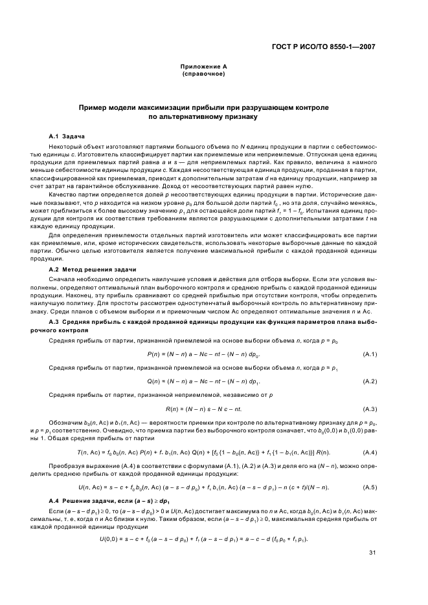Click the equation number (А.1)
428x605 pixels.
tap(370, 354)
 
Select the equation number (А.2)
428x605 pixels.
tap(370, 381)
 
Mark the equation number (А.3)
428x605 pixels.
tap(370, 409)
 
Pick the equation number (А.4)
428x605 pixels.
tap(370, 451)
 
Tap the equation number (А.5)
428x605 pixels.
tap(370, 487)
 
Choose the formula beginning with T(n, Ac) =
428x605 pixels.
tap(203, 451)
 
